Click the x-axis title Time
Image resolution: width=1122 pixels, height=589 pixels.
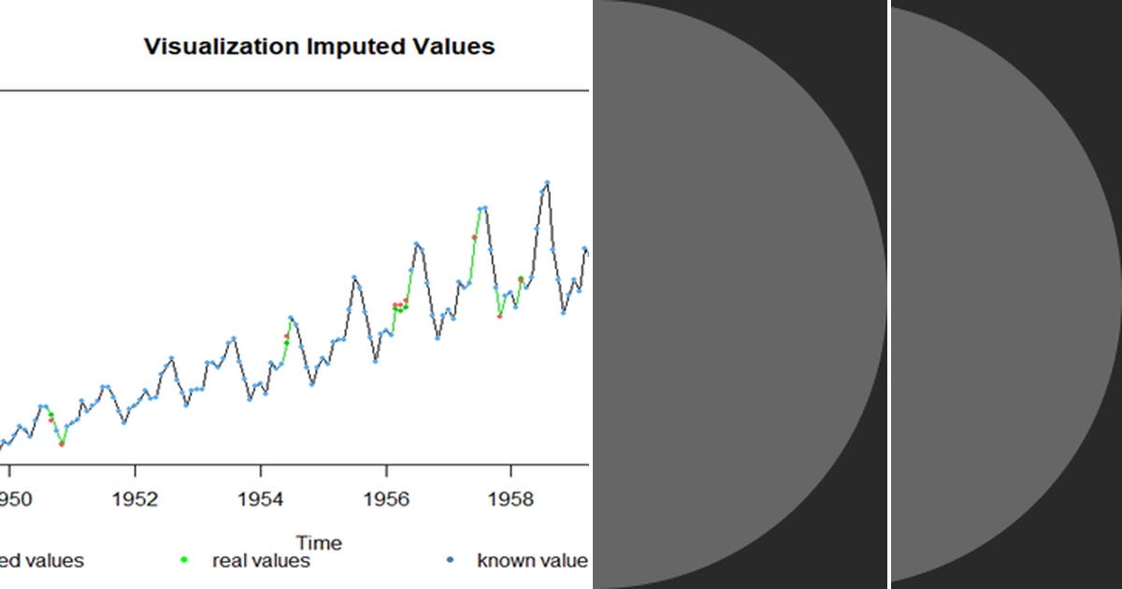pyautogui.click(x=319, y=542)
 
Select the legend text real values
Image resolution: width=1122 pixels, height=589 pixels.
pyautogui.click(x=261, y=561)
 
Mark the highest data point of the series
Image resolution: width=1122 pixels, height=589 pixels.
pyautogui.click(x=547, y=183)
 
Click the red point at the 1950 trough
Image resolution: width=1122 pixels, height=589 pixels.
pyautogui.click(x=62, y=444)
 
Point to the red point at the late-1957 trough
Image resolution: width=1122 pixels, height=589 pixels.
pyautogui.click(x=500, y=316)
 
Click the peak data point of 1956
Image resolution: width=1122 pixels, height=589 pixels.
pyautogui.click(x=417, y=244)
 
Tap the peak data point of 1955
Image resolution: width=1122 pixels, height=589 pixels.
pyautogui.click(x=354, y=278)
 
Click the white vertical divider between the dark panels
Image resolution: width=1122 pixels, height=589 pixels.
pyautogui.click(x=888, y=294)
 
